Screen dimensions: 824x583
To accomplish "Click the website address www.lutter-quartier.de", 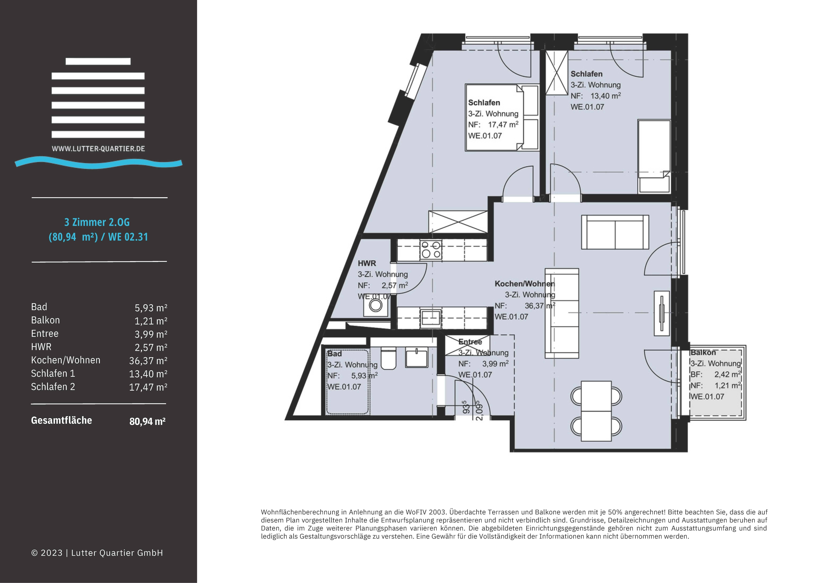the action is tap(98, 149).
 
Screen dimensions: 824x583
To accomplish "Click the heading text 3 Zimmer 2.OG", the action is tap(97, 222).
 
